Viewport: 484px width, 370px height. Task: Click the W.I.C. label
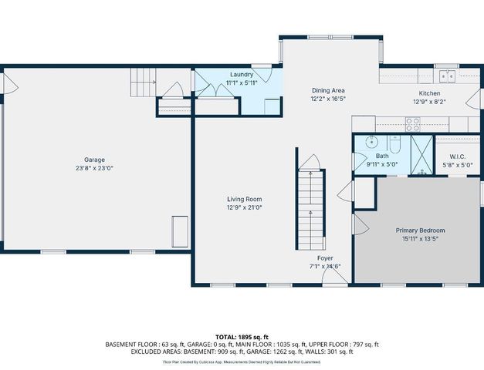tap(461, 156)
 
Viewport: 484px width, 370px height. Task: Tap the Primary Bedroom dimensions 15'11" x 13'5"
tap(420, 239)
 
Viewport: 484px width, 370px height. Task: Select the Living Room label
tap(244, 198)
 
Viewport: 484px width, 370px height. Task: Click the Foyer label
tap(325, 258)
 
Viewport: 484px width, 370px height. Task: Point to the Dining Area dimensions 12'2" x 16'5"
tap(328, 99)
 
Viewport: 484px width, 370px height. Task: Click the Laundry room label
tap(242, 74)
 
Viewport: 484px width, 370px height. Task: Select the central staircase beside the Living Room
tap(310, 207)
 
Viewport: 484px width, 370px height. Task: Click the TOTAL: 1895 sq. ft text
tap(242, 337)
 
